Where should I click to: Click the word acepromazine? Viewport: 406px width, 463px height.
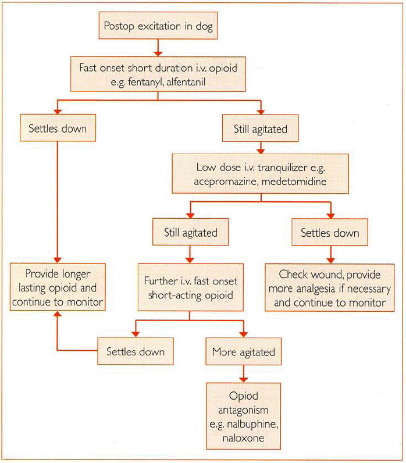224,181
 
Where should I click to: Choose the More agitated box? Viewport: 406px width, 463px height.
244,352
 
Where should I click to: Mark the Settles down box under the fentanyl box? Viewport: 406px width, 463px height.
58,128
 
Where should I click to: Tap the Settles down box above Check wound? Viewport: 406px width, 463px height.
330,233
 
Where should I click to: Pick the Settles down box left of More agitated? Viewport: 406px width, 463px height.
136,352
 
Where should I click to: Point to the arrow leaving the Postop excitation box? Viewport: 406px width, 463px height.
157,46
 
